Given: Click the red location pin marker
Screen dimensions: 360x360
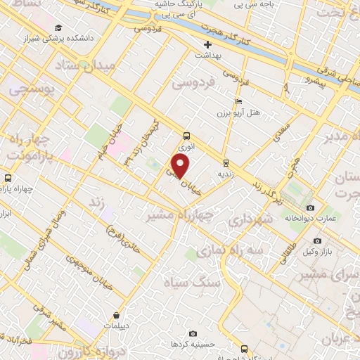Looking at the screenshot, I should (181, 166).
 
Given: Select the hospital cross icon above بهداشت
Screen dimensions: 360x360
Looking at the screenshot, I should (207, 44).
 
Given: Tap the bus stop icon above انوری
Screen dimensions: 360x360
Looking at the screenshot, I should (186, 136).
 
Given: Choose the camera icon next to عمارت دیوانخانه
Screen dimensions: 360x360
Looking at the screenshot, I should (311, 208).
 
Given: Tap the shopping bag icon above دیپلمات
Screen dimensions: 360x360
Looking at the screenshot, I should (115, 316).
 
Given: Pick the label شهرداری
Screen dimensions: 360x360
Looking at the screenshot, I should (250, 220).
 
